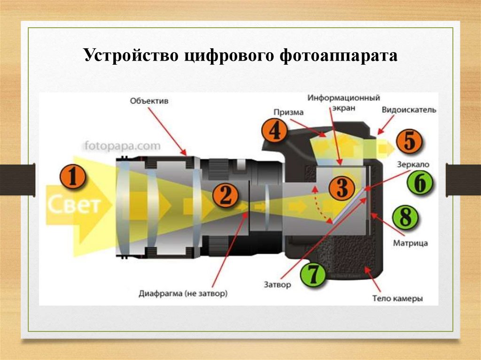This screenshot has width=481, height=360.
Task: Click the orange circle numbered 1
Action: (73, 177)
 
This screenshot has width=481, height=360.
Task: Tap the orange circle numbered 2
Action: (226, 195)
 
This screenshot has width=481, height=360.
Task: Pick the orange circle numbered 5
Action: (410, 141)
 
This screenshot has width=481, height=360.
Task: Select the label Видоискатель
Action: (409, 110)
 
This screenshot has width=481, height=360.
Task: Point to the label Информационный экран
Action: (344, 102)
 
